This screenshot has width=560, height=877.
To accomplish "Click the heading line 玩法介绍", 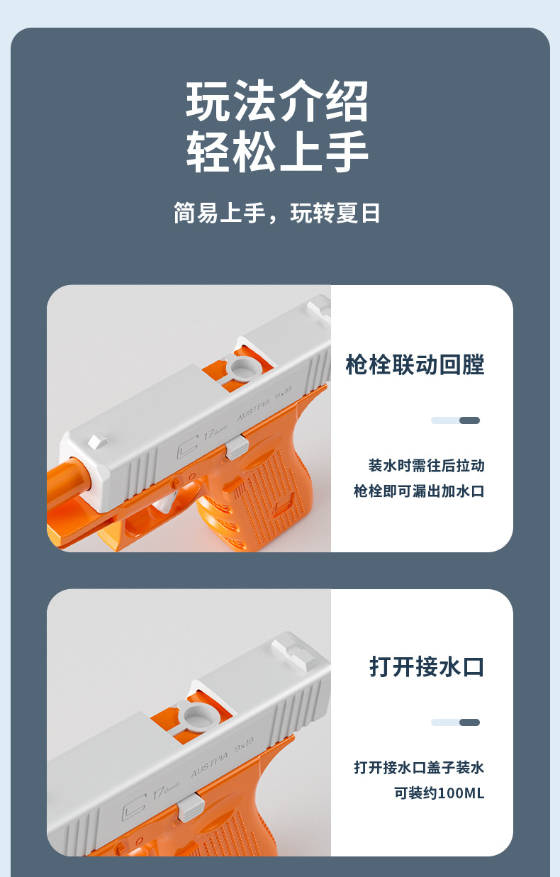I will click(277, 102).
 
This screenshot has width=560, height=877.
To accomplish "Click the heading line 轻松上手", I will click(277, 152).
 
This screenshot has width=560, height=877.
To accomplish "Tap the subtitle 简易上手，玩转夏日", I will click(277, 213).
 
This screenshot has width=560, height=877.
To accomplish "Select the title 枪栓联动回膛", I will click(415, 365).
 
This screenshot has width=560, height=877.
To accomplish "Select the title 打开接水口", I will click(427, 666).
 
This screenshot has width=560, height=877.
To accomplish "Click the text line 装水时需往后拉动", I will click(426, 466).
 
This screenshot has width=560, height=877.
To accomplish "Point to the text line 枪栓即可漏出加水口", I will click(419, 491).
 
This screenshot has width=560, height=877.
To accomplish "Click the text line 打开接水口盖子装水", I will click(419, 767).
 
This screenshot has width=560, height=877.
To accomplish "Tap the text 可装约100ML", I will click(439, 793).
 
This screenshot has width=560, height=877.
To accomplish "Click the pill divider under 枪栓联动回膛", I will click(455, 420).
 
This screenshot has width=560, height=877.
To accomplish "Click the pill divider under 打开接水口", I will click(455, 722).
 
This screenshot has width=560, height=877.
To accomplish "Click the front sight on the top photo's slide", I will click(96, 441).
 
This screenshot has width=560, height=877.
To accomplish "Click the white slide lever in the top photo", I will click(237, 447).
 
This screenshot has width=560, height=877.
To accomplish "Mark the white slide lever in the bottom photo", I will click(191, 807).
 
